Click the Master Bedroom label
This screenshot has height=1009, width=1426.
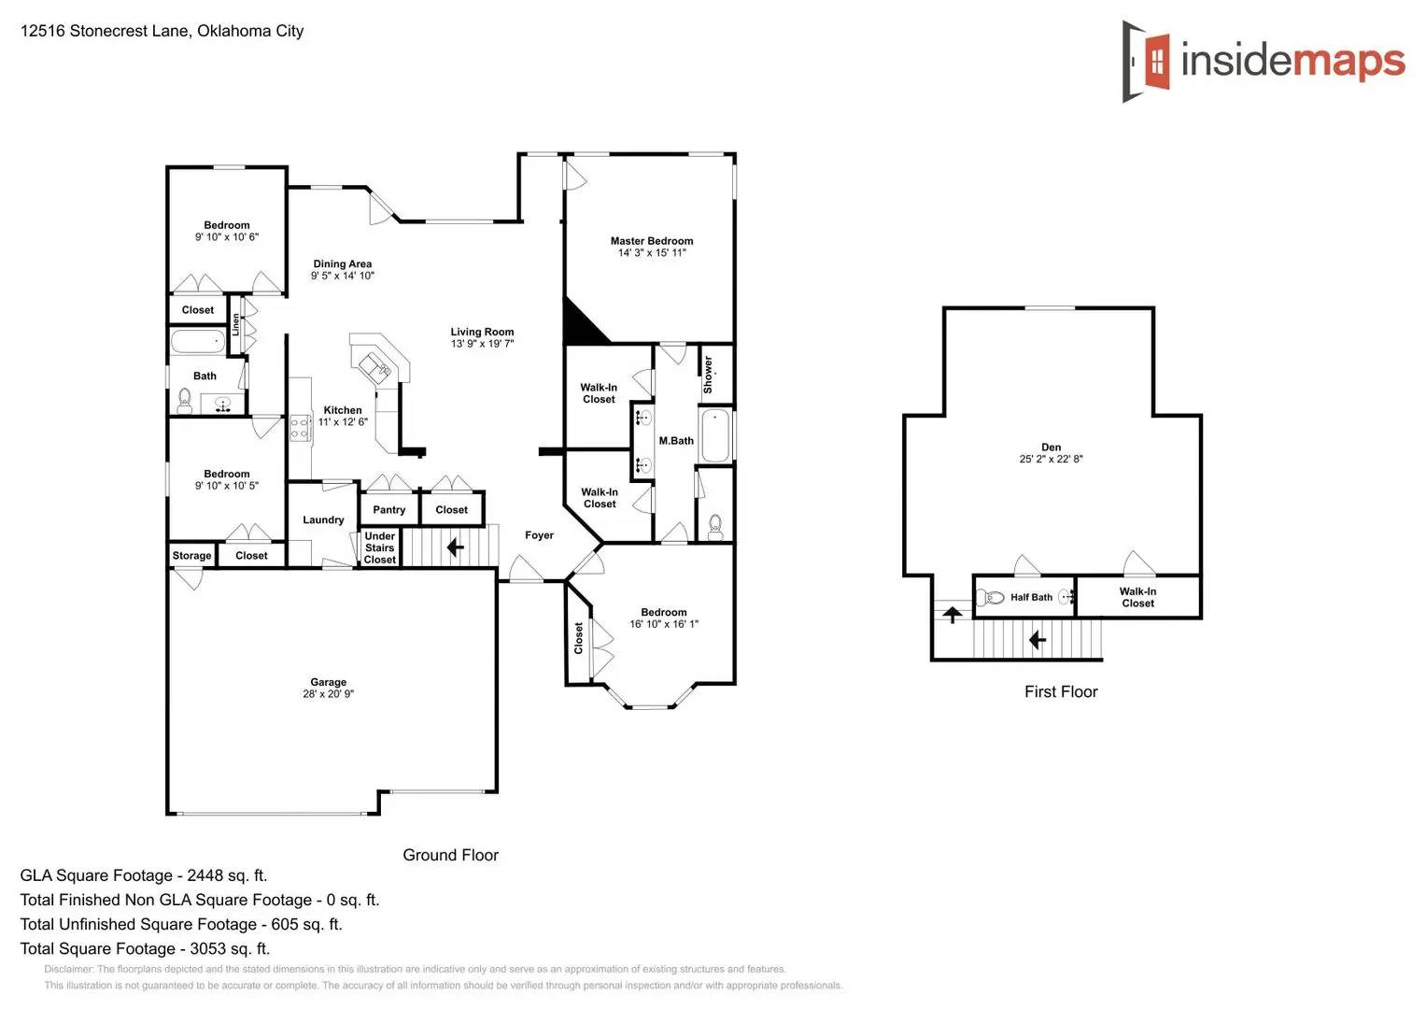pyautogui.click(x=651, y=241)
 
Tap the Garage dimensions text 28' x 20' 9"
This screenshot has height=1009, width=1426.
pyautogui.click(x=328, y=694)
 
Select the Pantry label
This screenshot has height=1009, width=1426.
pyautogui.click(x=388, y=510)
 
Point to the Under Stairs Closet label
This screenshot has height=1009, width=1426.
pyautogui.click(x=379, y=548)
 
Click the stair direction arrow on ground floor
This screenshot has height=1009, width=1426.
pyautogui.click(x=455, y=547)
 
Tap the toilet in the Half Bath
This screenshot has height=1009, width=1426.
pyautogui.click(x=992, y=597)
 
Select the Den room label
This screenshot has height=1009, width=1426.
pyautogui.click(x=1051, y=448)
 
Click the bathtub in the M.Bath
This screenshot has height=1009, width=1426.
pyautogui.click(x=714, y=435)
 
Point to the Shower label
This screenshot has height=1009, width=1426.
pyautogui.click(x=708, y=374)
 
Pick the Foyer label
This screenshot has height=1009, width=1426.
pyautogui.click(x=539, y=535)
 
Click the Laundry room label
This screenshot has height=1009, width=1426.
pyautogui.click(x=323, y=520)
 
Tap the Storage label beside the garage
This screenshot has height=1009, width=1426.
pyautogui.click(x=191, y=556)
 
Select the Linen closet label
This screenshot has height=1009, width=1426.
pyautogui.click(x=236, y=324)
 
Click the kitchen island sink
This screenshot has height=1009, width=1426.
pyautogui.click(x=379, y=367)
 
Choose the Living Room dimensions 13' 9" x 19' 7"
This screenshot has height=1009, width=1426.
pyautogui.click(x=482, y=344)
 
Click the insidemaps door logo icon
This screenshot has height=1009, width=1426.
pyautogui.click(x=1147, y=62)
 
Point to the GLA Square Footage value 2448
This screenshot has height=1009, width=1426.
pyautogui.click(x=205, y=875)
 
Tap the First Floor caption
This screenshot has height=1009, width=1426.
pyautogui.click(x=1060, y=692)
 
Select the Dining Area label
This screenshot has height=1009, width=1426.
pyautogui.click(x=342, y=264)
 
